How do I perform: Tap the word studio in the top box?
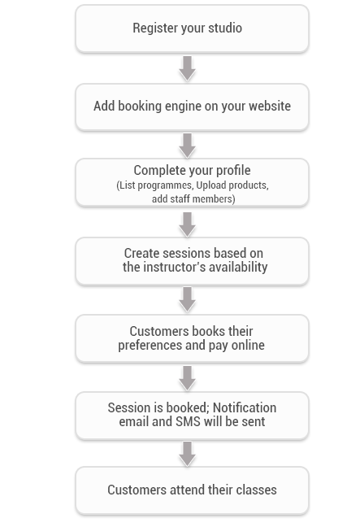(225, 28)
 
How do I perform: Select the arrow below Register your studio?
(188, 68)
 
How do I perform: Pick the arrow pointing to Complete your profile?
(188, 146)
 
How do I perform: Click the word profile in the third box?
(233, 171)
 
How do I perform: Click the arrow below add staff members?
(188, 224)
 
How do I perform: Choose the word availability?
(238, 268)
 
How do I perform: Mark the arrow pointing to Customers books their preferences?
(188, 299)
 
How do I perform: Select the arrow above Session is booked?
(188, 378)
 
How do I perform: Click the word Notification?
(245, 407)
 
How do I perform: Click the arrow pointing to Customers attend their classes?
(188, 454)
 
